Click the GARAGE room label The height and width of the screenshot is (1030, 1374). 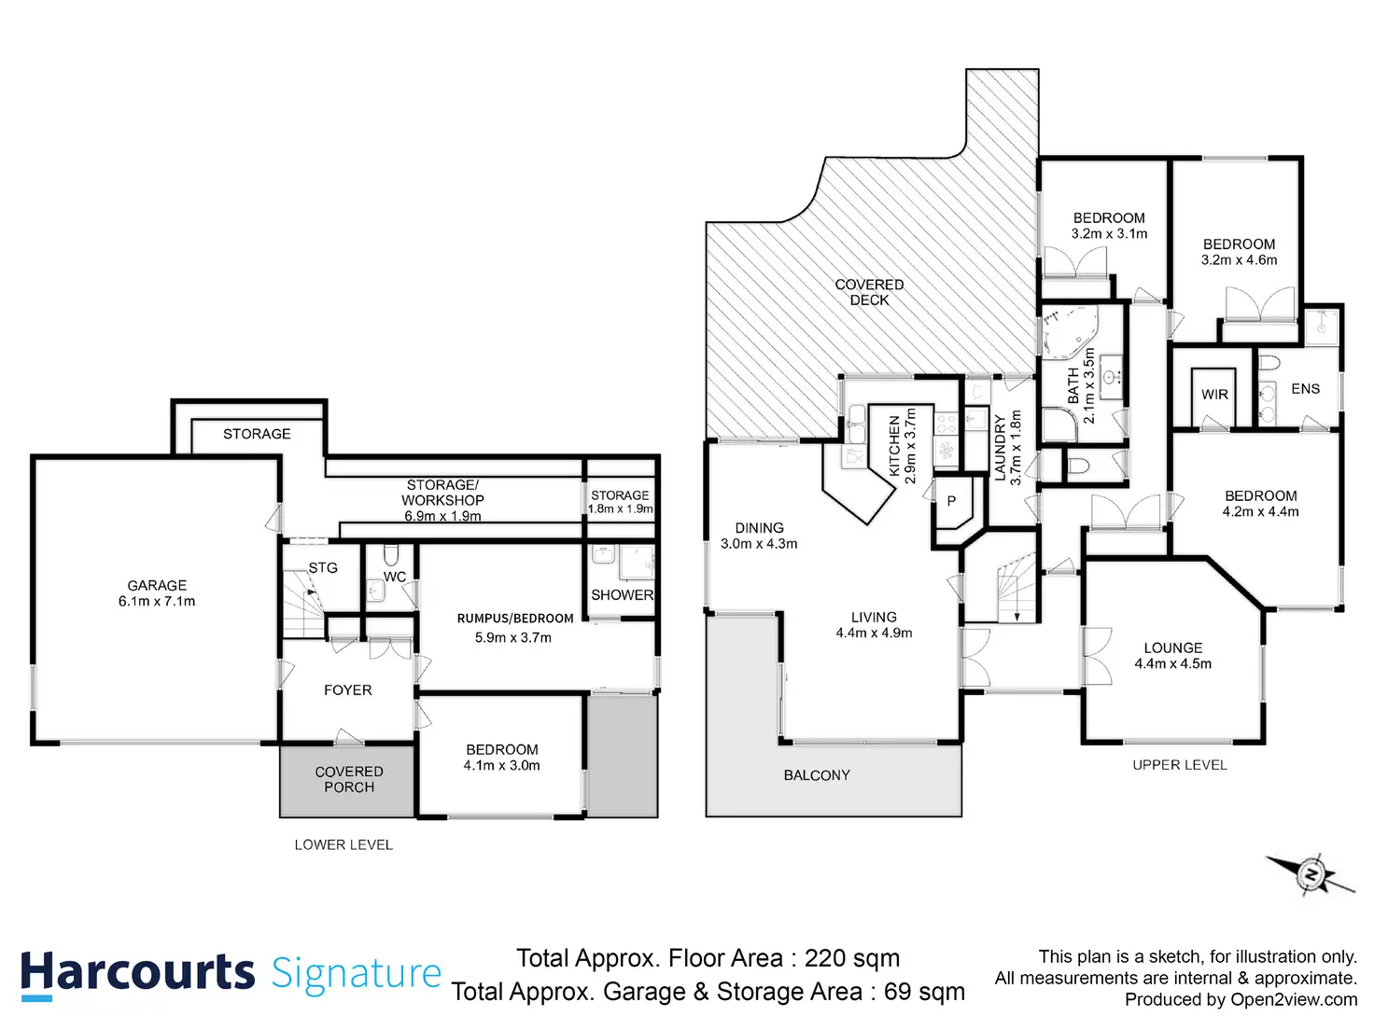157,585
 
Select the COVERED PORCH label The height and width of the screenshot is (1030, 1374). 349,779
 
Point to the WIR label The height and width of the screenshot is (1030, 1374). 1214,395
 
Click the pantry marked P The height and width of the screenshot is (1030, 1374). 951,501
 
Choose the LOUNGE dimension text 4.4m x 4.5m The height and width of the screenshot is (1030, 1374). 1173,663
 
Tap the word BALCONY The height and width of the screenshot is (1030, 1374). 817,775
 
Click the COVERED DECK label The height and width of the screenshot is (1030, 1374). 869,292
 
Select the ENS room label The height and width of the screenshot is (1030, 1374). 1305,389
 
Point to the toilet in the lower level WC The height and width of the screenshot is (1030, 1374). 391,555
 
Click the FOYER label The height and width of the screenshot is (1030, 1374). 348,689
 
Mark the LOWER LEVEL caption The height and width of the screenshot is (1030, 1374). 343,845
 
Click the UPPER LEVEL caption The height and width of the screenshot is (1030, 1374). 1180,765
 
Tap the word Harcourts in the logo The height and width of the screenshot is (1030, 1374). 138,972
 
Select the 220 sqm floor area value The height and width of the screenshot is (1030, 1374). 852,958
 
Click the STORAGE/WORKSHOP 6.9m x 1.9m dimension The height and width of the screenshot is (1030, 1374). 442,516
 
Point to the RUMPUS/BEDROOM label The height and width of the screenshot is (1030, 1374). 515,619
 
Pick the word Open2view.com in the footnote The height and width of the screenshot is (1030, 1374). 1294,1000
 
